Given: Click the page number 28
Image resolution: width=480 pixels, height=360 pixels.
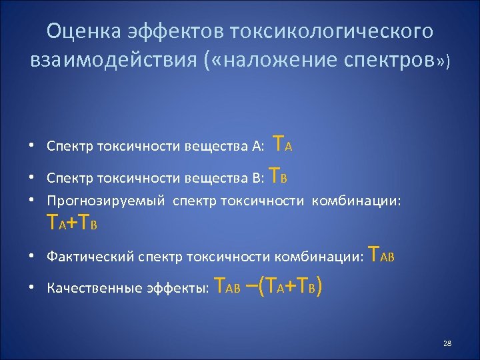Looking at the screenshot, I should (447, 343).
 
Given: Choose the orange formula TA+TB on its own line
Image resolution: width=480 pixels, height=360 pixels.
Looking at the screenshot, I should (71, 222).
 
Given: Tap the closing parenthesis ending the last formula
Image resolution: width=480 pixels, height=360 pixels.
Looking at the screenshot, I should (321, 287).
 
